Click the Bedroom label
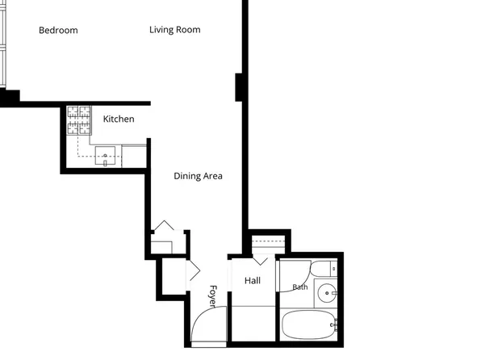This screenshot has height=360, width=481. (58, 31)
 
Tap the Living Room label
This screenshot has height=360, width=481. (175, 30)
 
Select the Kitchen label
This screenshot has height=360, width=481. (119, 119)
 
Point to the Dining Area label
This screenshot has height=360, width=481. (198, 176)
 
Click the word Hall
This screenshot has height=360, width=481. (253, 281)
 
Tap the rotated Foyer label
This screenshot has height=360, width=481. (213, 296)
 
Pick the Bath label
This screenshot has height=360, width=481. (300, 287)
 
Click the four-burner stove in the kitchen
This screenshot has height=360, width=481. (79, 120)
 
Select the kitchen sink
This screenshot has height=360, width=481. (105, 156)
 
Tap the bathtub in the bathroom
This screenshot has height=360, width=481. (309, 325)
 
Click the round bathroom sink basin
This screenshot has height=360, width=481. (327, 293)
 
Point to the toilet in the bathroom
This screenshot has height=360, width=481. (324, 269)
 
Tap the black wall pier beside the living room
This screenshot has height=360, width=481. (239, 87)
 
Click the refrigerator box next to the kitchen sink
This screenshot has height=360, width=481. (134, 157)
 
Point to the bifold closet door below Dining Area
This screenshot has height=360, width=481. (164, 225)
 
